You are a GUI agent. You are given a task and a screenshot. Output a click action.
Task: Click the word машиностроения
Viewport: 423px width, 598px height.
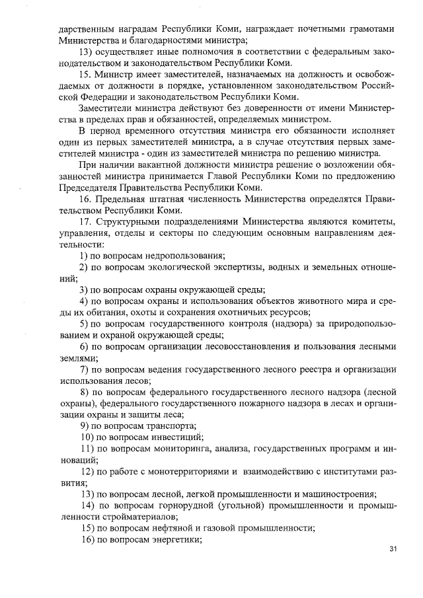[335, 494]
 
